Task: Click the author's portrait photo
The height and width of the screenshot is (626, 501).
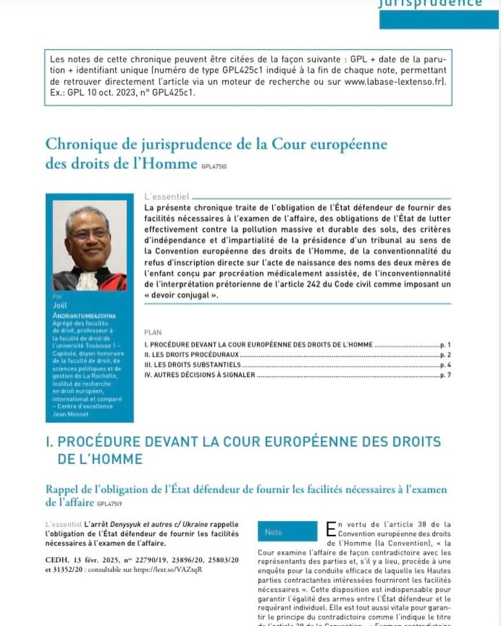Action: (89, 246)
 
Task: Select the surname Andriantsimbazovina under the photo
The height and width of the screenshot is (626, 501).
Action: (85, 314)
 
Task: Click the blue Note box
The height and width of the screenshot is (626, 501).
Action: (287, 532)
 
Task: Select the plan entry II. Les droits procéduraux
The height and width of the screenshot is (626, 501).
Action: (191, 354)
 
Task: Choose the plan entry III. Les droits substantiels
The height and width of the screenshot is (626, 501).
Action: (192, 365)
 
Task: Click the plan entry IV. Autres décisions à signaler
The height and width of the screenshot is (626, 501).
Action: (199, 375)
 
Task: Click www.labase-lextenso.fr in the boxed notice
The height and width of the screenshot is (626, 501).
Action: (393, 82)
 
